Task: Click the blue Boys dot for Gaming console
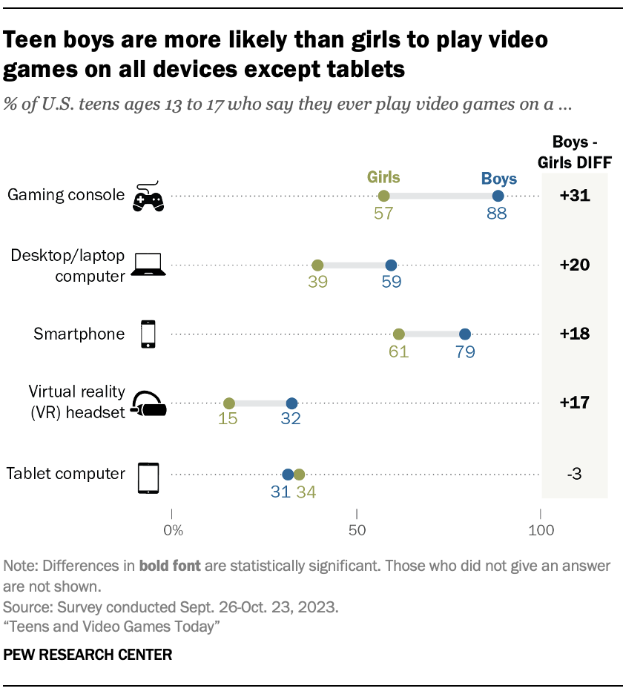[x=498, y=196]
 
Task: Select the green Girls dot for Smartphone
[x=398, y=334]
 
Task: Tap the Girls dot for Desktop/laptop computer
[x=317, y=265]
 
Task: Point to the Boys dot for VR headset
[x=291, y=403]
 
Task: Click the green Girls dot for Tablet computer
[x=299, y=474]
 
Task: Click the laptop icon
[x=148, y=264]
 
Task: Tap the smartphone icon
[x=148, y=334]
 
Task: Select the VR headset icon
[x=148, y=403]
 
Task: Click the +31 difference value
[x=575, y=196]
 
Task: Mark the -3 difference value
[x=576, y=474]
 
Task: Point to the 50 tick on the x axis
[x=357, y=531]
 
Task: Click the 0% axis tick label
[x=172, y=531]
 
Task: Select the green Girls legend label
[x=383, y=177]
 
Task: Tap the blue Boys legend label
[x=499, y=178]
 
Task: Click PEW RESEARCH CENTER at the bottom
[x=88, y=655]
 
